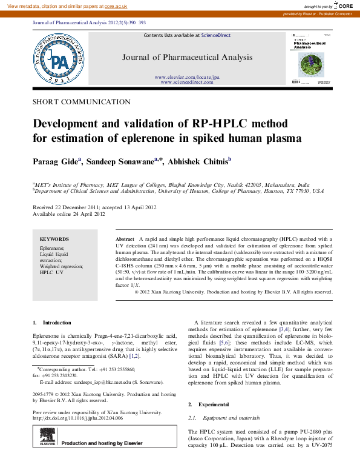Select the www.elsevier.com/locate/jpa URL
(187, 78)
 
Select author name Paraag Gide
(55, 162)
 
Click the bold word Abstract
(124, 240)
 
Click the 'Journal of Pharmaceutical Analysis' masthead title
(187, 58)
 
